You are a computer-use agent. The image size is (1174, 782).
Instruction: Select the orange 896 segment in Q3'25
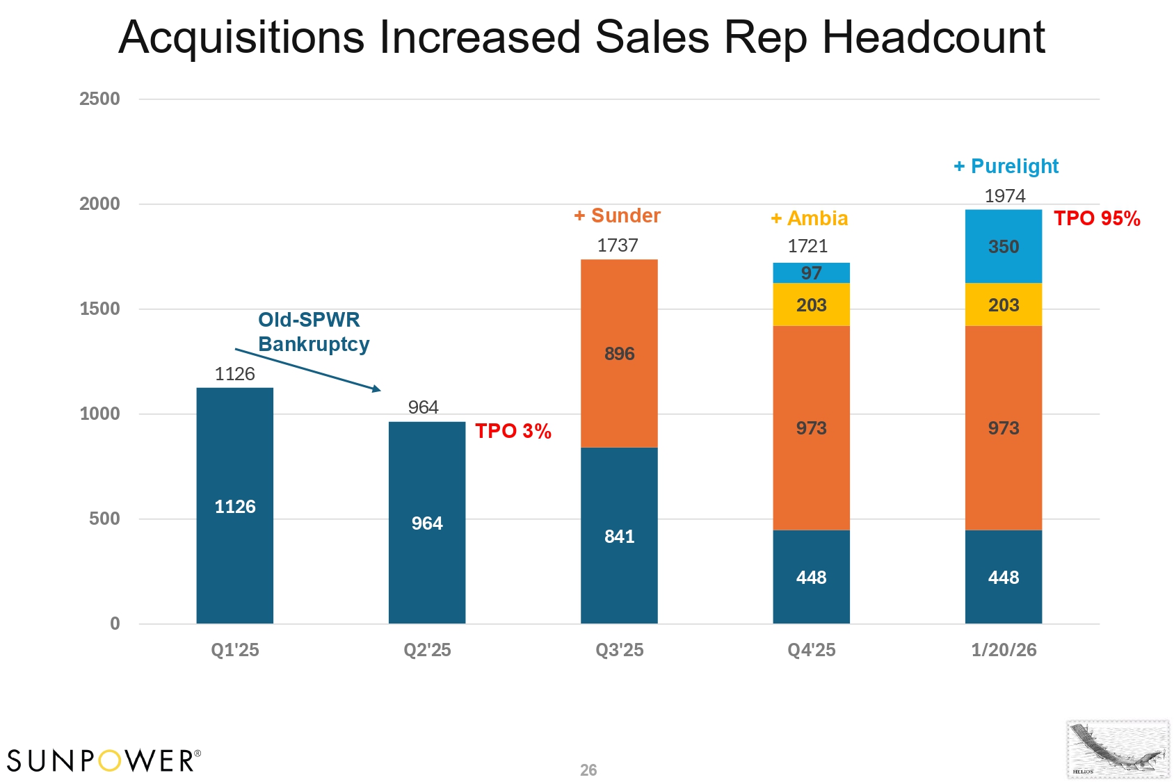pos(619,353)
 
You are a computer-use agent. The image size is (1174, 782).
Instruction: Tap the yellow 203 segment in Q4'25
pos(811,304)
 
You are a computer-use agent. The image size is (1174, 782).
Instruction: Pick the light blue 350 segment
pos(1003,246)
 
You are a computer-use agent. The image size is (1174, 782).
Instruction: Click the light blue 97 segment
pos(811,272)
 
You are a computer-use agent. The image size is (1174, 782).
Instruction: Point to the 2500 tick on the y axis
pos(99,99)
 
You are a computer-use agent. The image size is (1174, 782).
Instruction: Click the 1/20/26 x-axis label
pos(1003,650)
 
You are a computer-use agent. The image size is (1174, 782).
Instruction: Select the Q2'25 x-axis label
pos(427,650)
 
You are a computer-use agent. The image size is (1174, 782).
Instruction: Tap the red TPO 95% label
pos(1097,218)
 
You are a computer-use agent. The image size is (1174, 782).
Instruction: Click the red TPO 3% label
pos(513,431)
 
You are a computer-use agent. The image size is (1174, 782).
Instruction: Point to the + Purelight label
pos(1006,166)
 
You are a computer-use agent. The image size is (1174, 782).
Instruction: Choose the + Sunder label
pos(617,215)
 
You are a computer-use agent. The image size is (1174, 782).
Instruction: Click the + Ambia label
pos(809,218)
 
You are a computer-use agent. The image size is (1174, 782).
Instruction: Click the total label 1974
pos(1004,196)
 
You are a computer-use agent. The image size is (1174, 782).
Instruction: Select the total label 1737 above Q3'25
pos(617,245)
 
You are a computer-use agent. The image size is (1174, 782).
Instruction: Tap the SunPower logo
pos(104,760)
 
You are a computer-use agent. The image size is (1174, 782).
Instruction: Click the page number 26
pos(588,770)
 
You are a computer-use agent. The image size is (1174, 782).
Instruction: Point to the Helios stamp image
pos(1118,749)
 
